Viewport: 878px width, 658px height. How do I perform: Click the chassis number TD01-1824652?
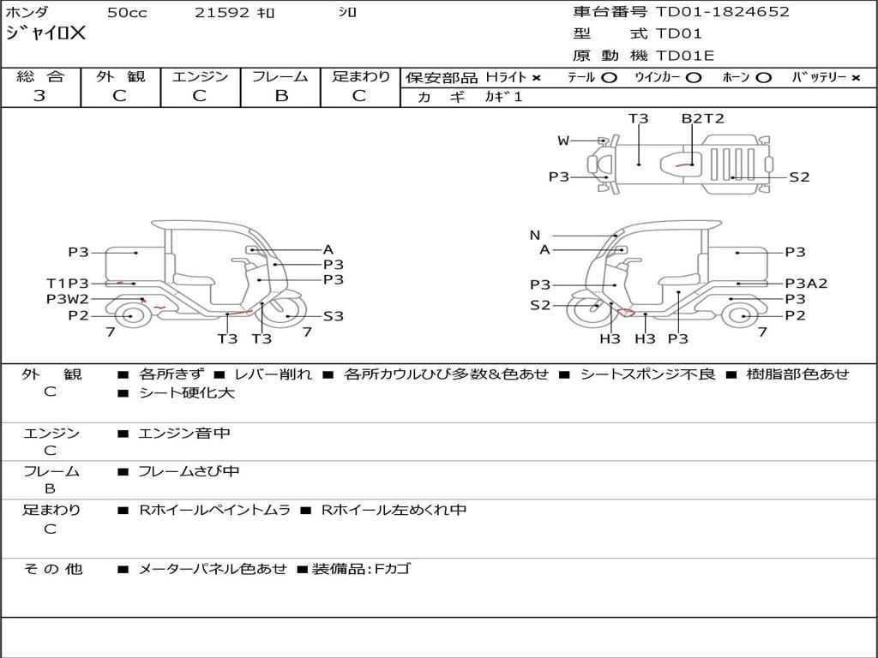pos(722,12)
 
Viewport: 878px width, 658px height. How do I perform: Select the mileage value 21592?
pos(221,12)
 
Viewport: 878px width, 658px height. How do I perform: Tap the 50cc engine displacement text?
pos(127,12)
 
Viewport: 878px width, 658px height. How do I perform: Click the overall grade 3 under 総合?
pos(39,95)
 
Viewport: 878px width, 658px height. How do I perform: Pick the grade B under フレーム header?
pos(281,95)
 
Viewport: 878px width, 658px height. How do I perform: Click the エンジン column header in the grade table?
pos(200,76)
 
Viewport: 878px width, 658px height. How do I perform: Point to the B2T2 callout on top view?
pos(703,118)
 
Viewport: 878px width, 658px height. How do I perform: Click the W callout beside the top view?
pos(563,141)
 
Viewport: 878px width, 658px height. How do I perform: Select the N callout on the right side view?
pos(535,236)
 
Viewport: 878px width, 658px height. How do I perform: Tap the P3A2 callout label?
pos(806,284)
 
